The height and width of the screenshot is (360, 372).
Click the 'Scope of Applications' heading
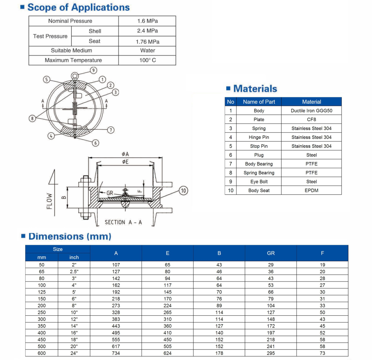point(78,7)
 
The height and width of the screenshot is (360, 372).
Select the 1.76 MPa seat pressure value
point(147,42)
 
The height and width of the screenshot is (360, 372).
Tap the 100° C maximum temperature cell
point(147,60)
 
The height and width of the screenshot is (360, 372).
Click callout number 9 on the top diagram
point(93,71)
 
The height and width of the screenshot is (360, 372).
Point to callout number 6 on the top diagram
point(96,143)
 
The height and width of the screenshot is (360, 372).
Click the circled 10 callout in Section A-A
point(183,191)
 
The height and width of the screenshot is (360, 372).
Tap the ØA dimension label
point(125,154)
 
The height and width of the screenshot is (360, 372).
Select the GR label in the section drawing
point(110,193)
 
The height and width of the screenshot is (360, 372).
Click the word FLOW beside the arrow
point(49,201)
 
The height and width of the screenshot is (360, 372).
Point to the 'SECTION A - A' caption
point(123,222)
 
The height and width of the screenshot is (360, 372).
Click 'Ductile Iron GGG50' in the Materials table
point(311,111)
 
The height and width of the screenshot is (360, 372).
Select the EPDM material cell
point(311,190)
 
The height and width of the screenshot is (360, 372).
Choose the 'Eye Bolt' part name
point(259,181)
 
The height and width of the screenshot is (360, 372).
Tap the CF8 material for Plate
point(311,119)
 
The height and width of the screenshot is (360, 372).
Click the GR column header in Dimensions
point(271,253)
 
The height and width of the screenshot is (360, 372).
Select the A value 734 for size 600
point(116,353)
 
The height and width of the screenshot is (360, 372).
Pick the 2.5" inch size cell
point(74,272)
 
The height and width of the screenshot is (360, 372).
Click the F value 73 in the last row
point(322,353)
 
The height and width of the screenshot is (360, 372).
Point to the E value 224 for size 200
point(167,305)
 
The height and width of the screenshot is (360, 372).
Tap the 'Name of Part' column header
point(259,102)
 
